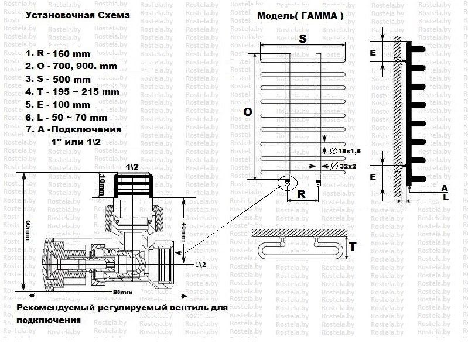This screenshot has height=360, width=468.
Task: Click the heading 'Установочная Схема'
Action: tap(78, 16)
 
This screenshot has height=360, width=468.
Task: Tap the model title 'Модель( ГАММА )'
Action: tap(300, 16)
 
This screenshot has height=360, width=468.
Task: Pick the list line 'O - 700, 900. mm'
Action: tap(71, 66)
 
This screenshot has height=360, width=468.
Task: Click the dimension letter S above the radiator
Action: tap(303, 39)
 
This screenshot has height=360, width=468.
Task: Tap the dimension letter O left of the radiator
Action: tap(248, 112)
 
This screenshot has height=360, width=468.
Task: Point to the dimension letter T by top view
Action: tap(353, 247)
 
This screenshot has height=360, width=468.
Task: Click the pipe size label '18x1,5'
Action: tap(347, 152)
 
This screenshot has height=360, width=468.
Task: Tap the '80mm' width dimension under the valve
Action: tap(121, 292)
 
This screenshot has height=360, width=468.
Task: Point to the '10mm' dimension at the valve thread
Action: tap(102, 186)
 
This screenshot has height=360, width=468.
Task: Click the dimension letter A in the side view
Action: tap(445, 188)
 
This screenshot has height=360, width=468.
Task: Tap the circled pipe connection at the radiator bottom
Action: tap(287, 183)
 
